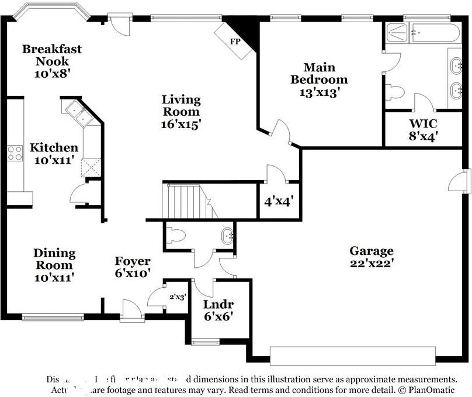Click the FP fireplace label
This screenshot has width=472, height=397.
pos(235,42)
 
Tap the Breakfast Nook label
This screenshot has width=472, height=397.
pos(52,56)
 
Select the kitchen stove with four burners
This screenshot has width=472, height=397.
pos(15,153)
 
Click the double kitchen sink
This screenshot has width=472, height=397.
pos(78,113)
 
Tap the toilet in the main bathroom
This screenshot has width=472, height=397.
pos(395,92)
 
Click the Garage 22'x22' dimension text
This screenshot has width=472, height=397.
pos(372,264)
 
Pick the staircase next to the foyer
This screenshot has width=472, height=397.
pos(185,201)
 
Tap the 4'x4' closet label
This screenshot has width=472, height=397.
pos(279,202)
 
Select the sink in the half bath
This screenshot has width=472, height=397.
pos(227,237)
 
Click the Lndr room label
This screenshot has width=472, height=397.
pos(218,304)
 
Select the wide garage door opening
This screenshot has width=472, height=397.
pos(352,355)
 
